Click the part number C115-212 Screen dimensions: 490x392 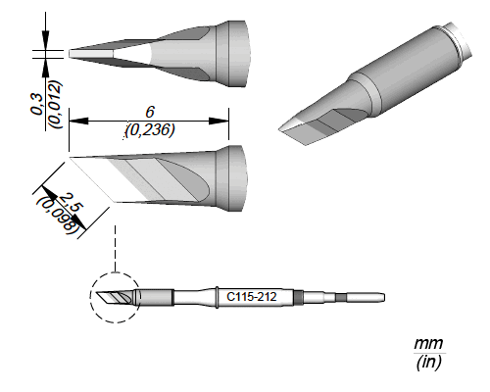[252, 297]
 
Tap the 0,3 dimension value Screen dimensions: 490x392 [37, 104]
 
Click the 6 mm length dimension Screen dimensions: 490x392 [150, 112]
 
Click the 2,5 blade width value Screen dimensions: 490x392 [70, 203]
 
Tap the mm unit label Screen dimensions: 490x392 [428, 344]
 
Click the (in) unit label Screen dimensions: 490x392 [428, 362]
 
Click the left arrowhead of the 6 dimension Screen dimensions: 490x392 [78, 122]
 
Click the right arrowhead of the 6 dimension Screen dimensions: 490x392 [219, 122]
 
